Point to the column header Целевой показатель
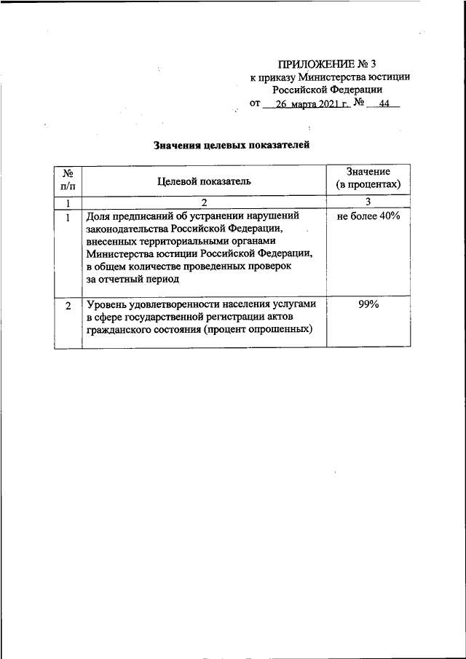pos(205,181)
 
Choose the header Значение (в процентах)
pos(368,178)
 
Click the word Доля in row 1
pos(98,217)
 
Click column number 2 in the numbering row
pos(205,202)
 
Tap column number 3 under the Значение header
pos(368,202)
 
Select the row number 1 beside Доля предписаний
pos(68,217)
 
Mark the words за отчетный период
pos(131,279)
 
